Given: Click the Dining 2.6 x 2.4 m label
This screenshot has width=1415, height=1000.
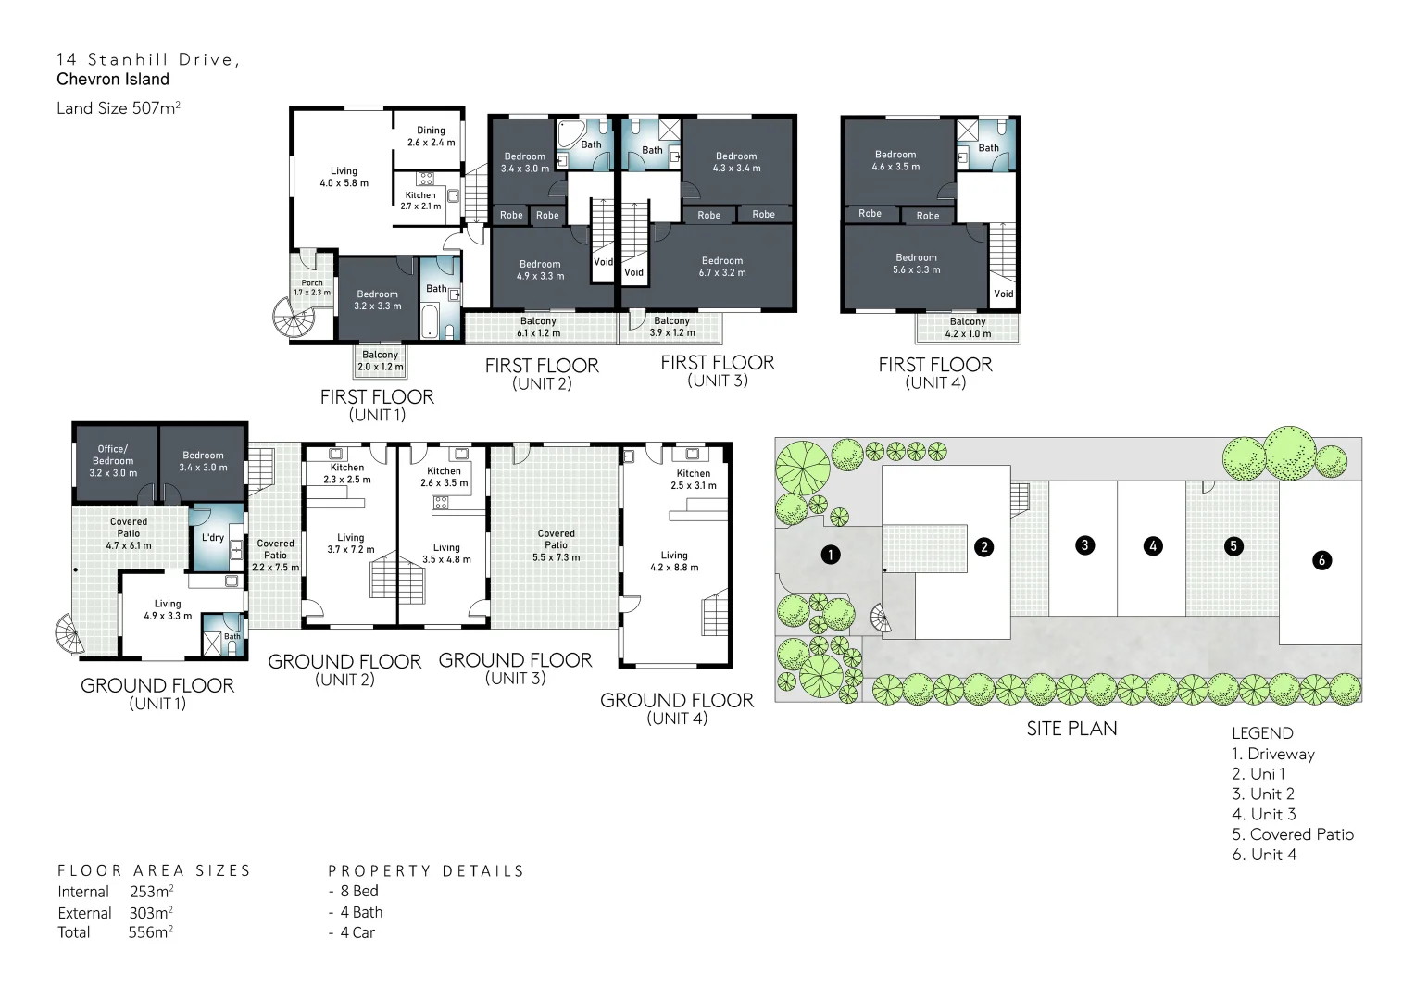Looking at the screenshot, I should [x=431, y=136].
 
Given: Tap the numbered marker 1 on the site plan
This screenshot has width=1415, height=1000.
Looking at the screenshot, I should [x=831, y=555].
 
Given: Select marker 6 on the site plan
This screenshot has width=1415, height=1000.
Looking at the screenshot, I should [x=1321, y=560].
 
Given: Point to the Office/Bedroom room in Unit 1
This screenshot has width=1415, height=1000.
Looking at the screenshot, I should [x=113, y=460].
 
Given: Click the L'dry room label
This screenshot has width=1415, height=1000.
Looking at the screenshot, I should [x=213, y=538].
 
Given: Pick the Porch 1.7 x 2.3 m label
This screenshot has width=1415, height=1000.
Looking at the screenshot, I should [x=312, y=288].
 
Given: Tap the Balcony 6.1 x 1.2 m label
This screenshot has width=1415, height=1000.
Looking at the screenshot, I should [x=538, y=327].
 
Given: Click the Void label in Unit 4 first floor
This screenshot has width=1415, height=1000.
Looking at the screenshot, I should [x=1004, y=294].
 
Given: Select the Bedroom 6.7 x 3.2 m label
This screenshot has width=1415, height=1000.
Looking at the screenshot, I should [x=722, y=267].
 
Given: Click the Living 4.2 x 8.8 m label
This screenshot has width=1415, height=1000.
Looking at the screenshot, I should [x=674, y=561].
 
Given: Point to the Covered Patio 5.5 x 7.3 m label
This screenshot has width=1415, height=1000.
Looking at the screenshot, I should [x=556, y=545].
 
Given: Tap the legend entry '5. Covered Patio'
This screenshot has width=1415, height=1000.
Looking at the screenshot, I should [x=1292, y=834].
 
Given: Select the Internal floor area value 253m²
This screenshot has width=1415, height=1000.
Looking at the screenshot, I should [x=152, y=892].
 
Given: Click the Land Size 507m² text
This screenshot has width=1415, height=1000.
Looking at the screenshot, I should [x=119, y=108].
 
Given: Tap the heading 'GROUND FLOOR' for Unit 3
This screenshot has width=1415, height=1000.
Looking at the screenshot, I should [x=515, y=660].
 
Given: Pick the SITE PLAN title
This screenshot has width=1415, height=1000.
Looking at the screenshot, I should [x=1071, y=729].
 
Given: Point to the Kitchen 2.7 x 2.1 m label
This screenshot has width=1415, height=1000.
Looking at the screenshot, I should [x=420, y=200].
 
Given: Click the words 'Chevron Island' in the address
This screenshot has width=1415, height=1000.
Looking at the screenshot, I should [x=113, y=80].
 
